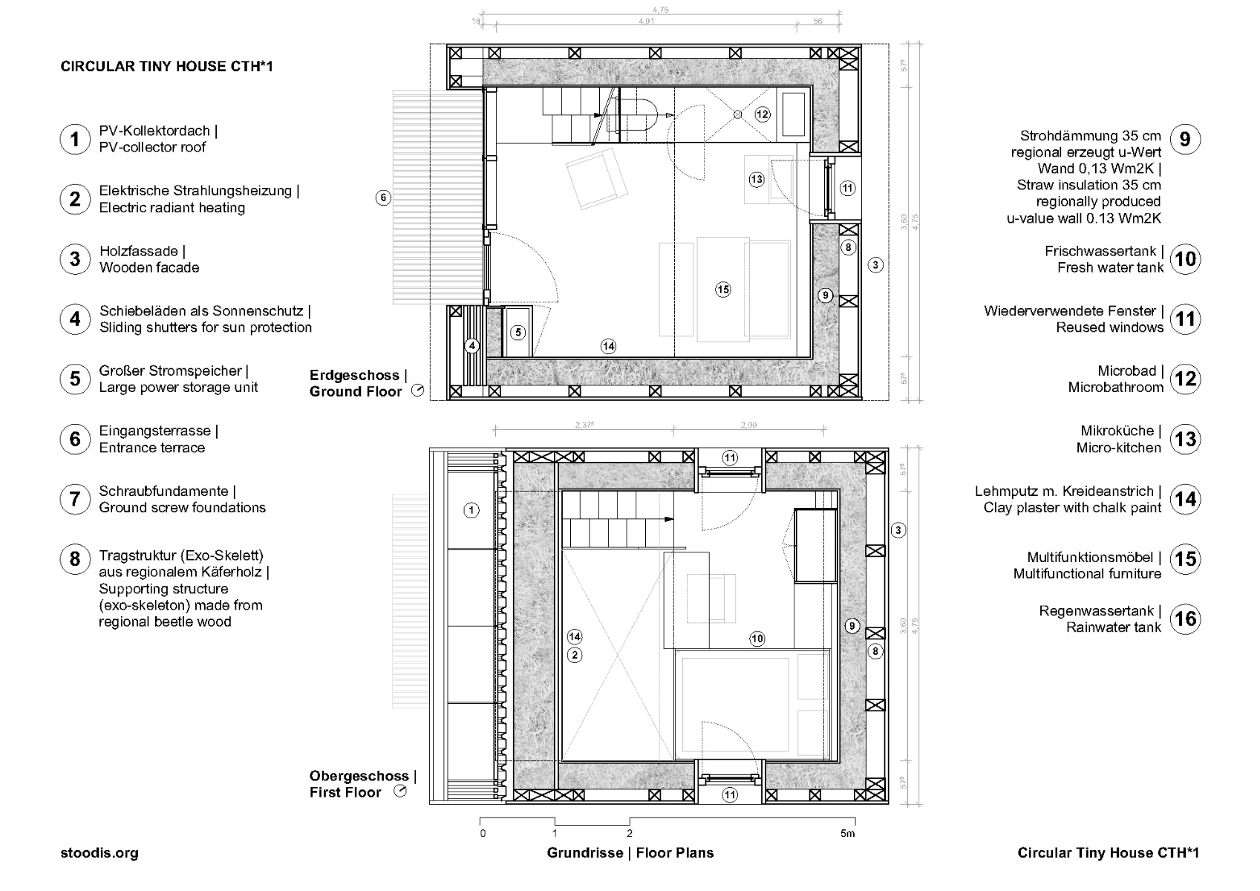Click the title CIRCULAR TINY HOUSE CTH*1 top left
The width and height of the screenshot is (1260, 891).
[x=166, y=66]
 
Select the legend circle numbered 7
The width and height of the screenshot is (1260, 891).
[x=75, y=499]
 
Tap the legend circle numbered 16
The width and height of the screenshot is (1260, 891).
[x=1186, y=619]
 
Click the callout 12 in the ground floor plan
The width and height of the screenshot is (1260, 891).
[x=763, y=114]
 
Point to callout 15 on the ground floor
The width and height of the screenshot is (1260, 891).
[x=723, y=290]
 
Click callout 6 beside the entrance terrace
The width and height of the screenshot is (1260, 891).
[x=383, y=198]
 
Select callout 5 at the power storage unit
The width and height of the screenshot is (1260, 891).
[x=518, y=332]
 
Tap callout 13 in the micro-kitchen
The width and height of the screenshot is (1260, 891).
[x=757, y=179]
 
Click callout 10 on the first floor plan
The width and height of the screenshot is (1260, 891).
[x=757, y=638]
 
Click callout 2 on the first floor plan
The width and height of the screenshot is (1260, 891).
[x=575, y=655]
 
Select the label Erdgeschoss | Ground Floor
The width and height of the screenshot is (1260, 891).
[x=358, y=383]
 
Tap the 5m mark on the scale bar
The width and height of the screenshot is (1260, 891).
[x=847, y=834]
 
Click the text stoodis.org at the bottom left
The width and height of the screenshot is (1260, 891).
[x=99, y=853]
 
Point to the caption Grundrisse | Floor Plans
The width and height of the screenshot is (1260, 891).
[x=630, y=853]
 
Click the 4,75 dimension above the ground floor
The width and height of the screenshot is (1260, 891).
[x=660, y=10]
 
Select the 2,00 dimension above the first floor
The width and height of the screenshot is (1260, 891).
[x=748, y=425]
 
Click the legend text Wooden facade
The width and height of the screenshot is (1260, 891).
[x=149, y=267]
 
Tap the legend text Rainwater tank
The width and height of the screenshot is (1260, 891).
[x=1114, y=627]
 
